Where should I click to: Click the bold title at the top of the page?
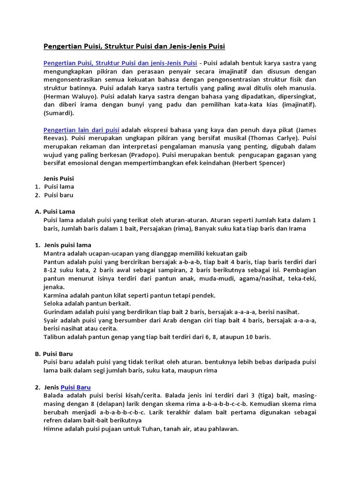click(135, 46)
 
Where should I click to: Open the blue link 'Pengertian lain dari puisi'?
click(82, 129)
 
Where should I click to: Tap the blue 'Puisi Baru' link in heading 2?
click(75, 387)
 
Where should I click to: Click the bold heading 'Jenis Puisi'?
click(59, 178)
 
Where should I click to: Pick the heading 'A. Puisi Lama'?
click(55, 211)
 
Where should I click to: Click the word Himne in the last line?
click(54, 428)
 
